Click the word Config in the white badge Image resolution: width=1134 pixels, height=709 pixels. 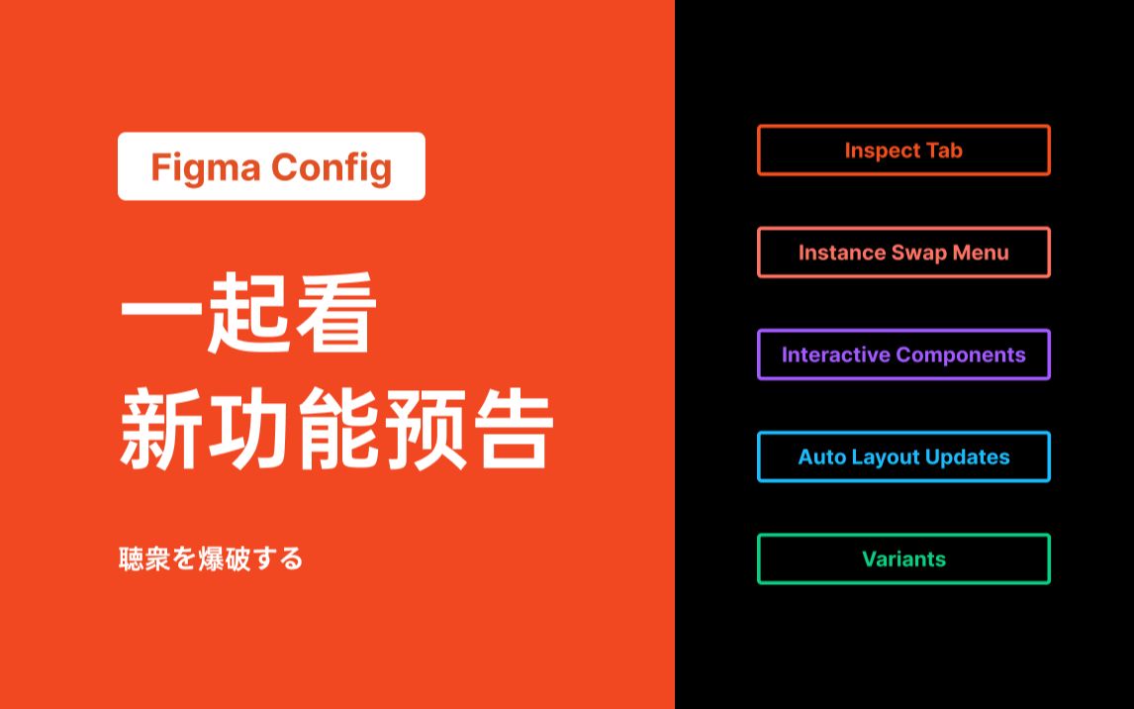[331, 167]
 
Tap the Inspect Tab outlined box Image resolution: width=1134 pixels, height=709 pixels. [903, 151]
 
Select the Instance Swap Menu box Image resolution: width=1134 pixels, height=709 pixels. [903, 253]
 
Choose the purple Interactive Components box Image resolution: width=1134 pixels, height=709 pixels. [903, 354]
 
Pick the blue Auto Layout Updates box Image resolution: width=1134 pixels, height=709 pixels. [903, 456]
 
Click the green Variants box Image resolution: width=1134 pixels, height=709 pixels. [903, 558]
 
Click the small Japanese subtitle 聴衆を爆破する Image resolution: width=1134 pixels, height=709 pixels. [210, 558]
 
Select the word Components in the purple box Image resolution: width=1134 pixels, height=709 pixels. [965, 354]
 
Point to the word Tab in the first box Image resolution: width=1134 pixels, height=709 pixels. [944, 151]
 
